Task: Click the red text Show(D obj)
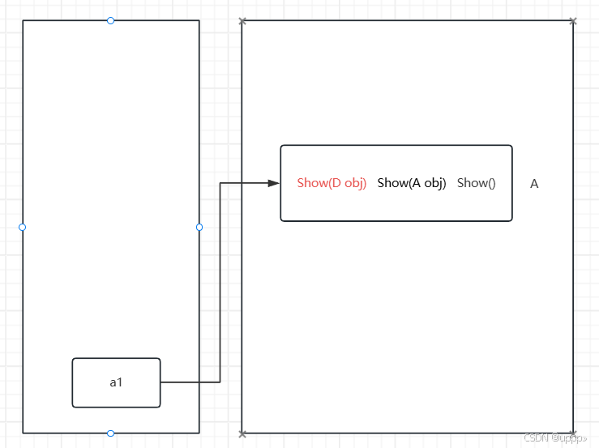coord(332,183)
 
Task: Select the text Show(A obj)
coord(412,183)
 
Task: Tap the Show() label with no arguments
coord(476,183)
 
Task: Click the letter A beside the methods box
coord(534,184)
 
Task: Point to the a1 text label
coord(116,382)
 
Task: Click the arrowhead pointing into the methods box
coord(274,183)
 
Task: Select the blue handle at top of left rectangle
coord(111,20)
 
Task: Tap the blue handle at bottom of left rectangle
coord(111,433)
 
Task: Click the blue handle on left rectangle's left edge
coord(23,227)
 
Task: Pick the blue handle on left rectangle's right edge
coord(199,227)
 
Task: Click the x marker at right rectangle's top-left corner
coord(242,21)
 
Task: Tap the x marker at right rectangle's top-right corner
coord(573,21)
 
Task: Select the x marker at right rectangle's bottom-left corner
coord(242,433)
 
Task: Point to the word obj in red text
coord(356,183)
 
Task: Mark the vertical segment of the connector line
coord(220,284)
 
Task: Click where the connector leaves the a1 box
coord(161,382)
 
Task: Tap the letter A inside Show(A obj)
coord(415,183)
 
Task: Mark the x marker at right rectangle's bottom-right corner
coord(573,433)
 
